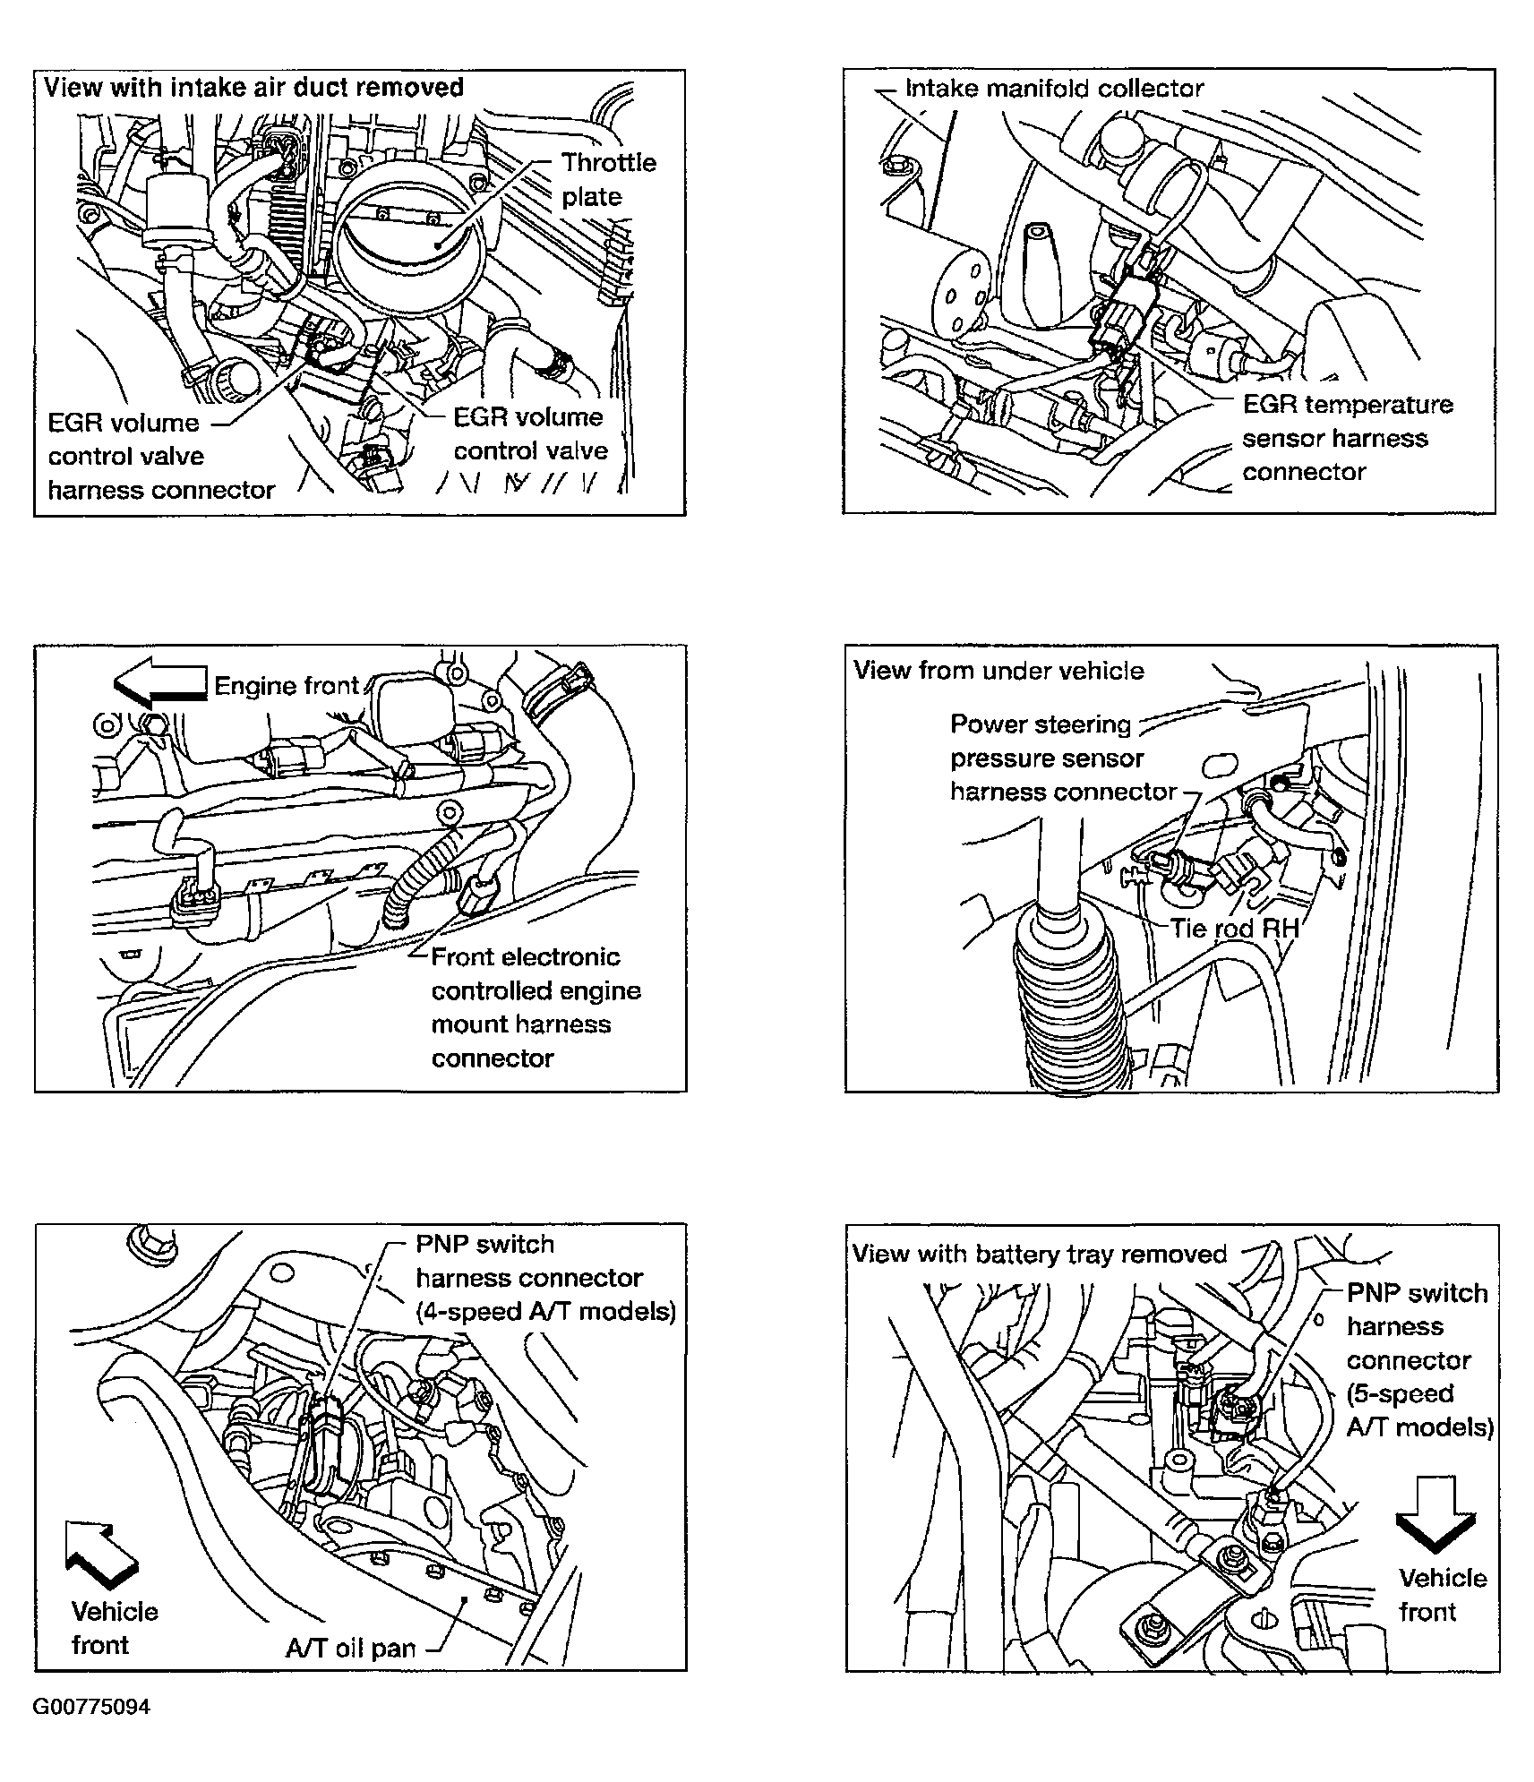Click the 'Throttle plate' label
click(607, 179)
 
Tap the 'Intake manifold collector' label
click(1053, 89)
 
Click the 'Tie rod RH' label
click(1233, 929)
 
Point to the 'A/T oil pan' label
click(350, 1649)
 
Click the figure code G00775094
click(91, 1707)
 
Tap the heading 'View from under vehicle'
click(998, 671)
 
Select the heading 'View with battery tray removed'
click(1039, 1254)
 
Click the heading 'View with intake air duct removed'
click(253, 88)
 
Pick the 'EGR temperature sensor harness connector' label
click(1346, 438)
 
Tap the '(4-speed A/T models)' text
click(545, 1312)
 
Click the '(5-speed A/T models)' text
click(1419, 1410)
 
